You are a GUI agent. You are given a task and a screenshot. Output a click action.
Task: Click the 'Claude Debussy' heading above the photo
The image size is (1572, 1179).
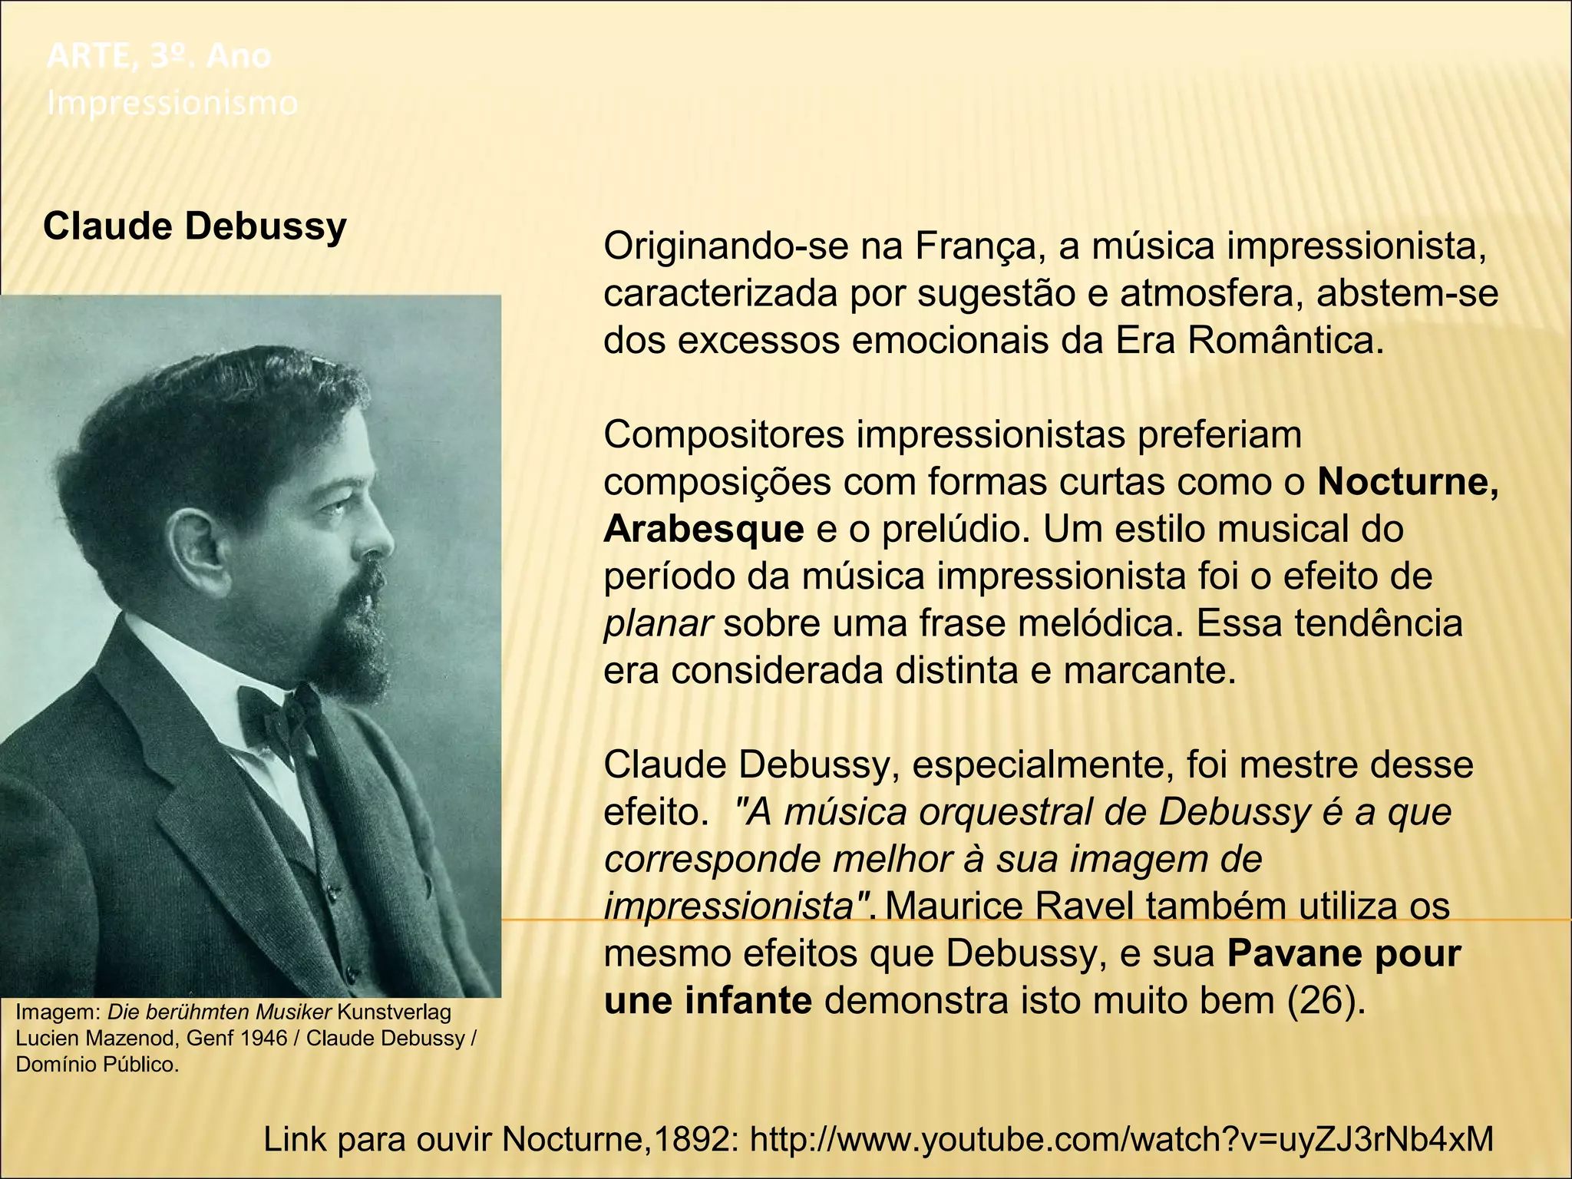195,227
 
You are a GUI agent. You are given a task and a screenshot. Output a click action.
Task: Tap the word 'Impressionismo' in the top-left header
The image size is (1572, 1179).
172,103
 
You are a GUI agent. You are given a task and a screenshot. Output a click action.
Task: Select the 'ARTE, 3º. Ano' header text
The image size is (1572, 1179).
159,56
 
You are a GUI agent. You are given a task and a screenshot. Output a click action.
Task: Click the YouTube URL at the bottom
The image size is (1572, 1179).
1121,1140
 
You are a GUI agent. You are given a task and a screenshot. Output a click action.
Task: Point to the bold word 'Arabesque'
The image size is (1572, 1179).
703,530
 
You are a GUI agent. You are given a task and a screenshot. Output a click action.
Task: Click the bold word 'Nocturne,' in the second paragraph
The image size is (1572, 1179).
1408,482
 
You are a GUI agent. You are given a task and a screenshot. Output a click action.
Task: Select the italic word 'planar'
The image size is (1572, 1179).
659,623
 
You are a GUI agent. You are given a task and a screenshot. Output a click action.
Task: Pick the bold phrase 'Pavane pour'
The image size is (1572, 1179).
1343,954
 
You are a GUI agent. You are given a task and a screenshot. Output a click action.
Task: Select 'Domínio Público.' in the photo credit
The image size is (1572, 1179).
97,1065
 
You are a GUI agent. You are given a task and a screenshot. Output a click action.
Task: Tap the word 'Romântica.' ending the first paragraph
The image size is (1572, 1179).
1285,341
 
